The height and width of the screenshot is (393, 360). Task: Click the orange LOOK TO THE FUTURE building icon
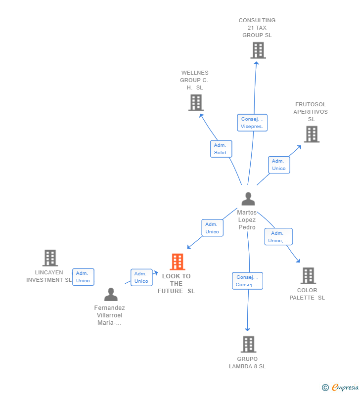177,262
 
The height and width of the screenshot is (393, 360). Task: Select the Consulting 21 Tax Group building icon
258,50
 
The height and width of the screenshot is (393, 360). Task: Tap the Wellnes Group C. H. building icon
196,103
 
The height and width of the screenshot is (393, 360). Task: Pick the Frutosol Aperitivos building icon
311,134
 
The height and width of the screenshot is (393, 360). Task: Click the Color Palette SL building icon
308,276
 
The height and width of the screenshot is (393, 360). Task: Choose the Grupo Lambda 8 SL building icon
248,344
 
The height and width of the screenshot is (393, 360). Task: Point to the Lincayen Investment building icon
49,258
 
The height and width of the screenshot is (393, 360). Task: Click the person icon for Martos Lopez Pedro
248,199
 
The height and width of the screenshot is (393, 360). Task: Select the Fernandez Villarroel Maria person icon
111,295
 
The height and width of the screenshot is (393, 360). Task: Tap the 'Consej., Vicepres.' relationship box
252,123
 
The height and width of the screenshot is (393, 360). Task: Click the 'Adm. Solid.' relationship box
221,149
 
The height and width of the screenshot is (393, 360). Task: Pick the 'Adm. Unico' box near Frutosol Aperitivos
279,165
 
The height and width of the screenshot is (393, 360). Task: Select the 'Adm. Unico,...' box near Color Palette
278,237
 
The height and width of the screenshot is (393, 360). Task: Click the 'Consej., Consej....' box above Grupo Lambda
247,281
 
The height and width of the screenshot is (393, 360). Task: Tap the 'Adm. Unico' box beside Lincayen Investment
83,277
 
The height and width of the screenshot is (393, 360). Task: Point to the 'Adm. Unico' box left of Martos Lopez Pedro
212,228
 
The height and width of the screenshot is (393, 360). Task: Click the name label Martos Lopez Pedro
247,220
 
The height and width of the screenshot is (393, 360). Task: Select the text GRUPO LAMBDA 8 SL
247,363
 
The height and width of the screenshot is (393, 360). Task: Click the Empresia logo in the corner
345,388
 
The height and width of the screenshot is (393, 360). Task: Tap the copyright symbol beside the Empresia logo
325,388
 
